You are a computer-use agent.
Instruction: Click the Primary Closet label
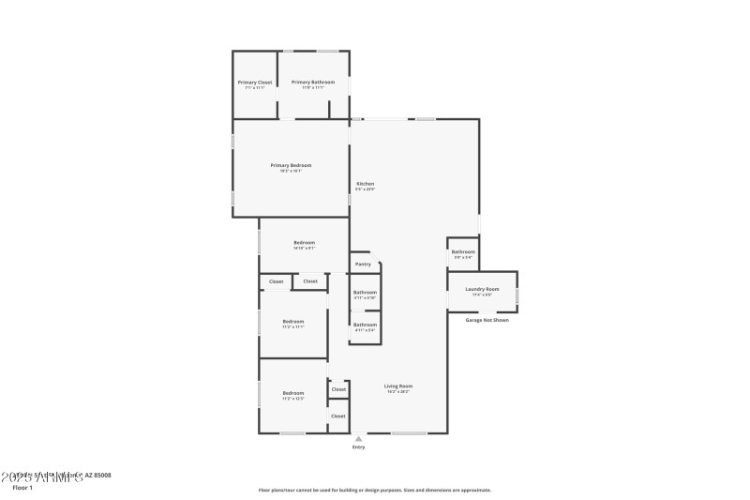[254, 83]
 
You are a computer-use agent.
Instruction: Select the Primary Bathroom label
[312, 83]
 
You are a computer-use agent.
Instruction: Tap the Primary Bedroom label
[291, 165]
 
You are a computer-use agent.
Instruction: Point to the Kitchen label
[366, 183]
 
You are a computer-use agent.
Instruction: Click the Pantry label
[363, 265]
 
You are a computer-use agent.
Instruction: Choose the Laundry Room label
[482, 289]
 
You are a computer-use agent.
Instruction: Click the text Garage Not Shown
[487, 320]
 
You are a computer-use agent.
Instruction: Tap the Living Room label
[398, 386]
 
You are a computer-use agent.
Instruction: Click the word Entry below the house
[358, 447]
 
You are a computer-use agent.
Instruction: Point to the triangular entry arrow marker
[358, 437]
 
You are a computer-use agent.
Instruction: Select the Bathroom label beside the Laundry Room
[463, 251]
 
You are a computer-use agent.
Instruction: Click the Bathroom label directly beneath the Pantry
[365, 292]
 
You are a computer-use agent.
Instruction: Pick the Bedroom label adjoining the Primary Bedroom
[304, 243]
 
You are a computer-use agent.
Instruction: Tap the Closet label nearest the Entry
[337, 416]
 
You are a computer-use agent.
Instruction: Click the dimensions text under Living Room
[398, 391]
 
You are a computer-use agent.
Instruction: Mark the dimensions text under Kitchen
[366, 189]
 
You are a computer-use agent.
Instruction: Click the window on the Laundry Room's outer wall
[517, 297]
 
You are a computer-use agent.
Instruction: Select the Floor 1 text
[22, 488]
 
